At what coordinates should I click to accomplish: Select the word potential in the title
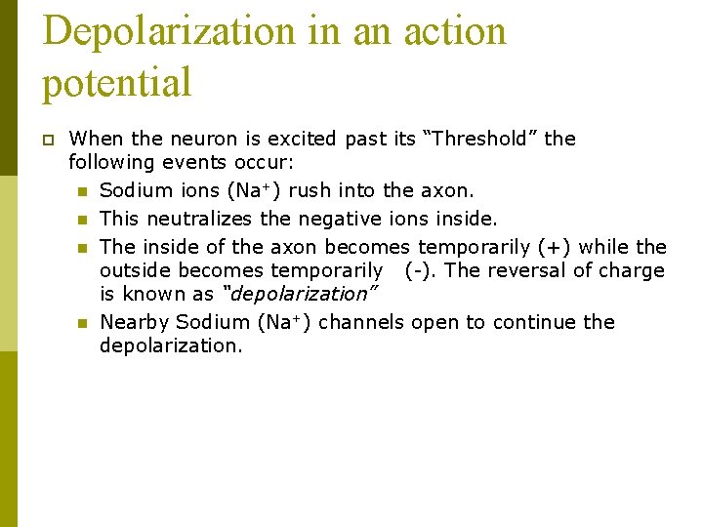117,82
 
